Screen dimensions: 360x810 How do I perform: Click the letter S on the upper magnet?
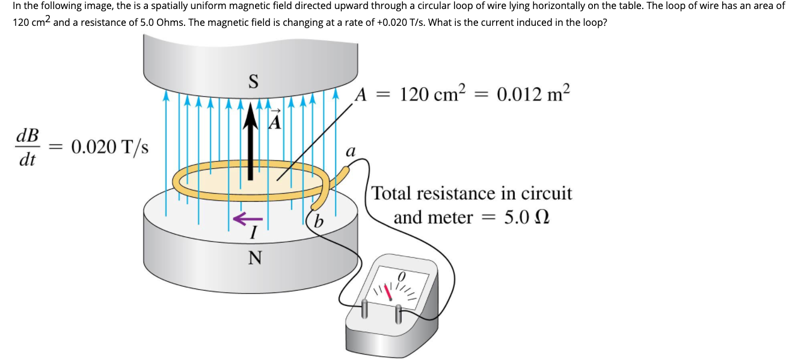click(x=253, y=81)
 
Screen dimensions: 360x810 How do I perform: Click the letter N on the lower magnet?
click(x=255, y=258)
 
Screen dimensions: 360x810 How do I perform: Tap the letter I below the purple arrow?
click(x=254, y=232)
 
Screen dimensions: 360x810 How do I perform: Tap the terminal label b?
click(x=319, y=222)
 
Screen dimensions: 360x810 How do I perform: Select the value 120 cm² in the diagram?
click(x=433, y=94)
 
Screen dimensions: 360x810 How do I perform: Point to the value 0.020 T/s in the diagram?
click(x=110, y=147)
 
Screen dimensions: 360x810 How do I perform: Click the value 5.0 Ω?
click(x=526, y=218)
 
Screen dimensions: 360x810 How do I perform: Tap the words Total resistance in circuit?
click(x=472, y=194)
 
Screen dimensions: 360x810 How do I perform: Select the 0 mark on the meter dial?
click(x=403, y=275)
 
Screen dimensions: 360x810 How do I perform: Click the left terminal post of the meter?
click(x=364, y=308)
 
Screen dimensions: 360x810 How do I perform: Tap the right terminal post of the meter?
click(x=399, y=313)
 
